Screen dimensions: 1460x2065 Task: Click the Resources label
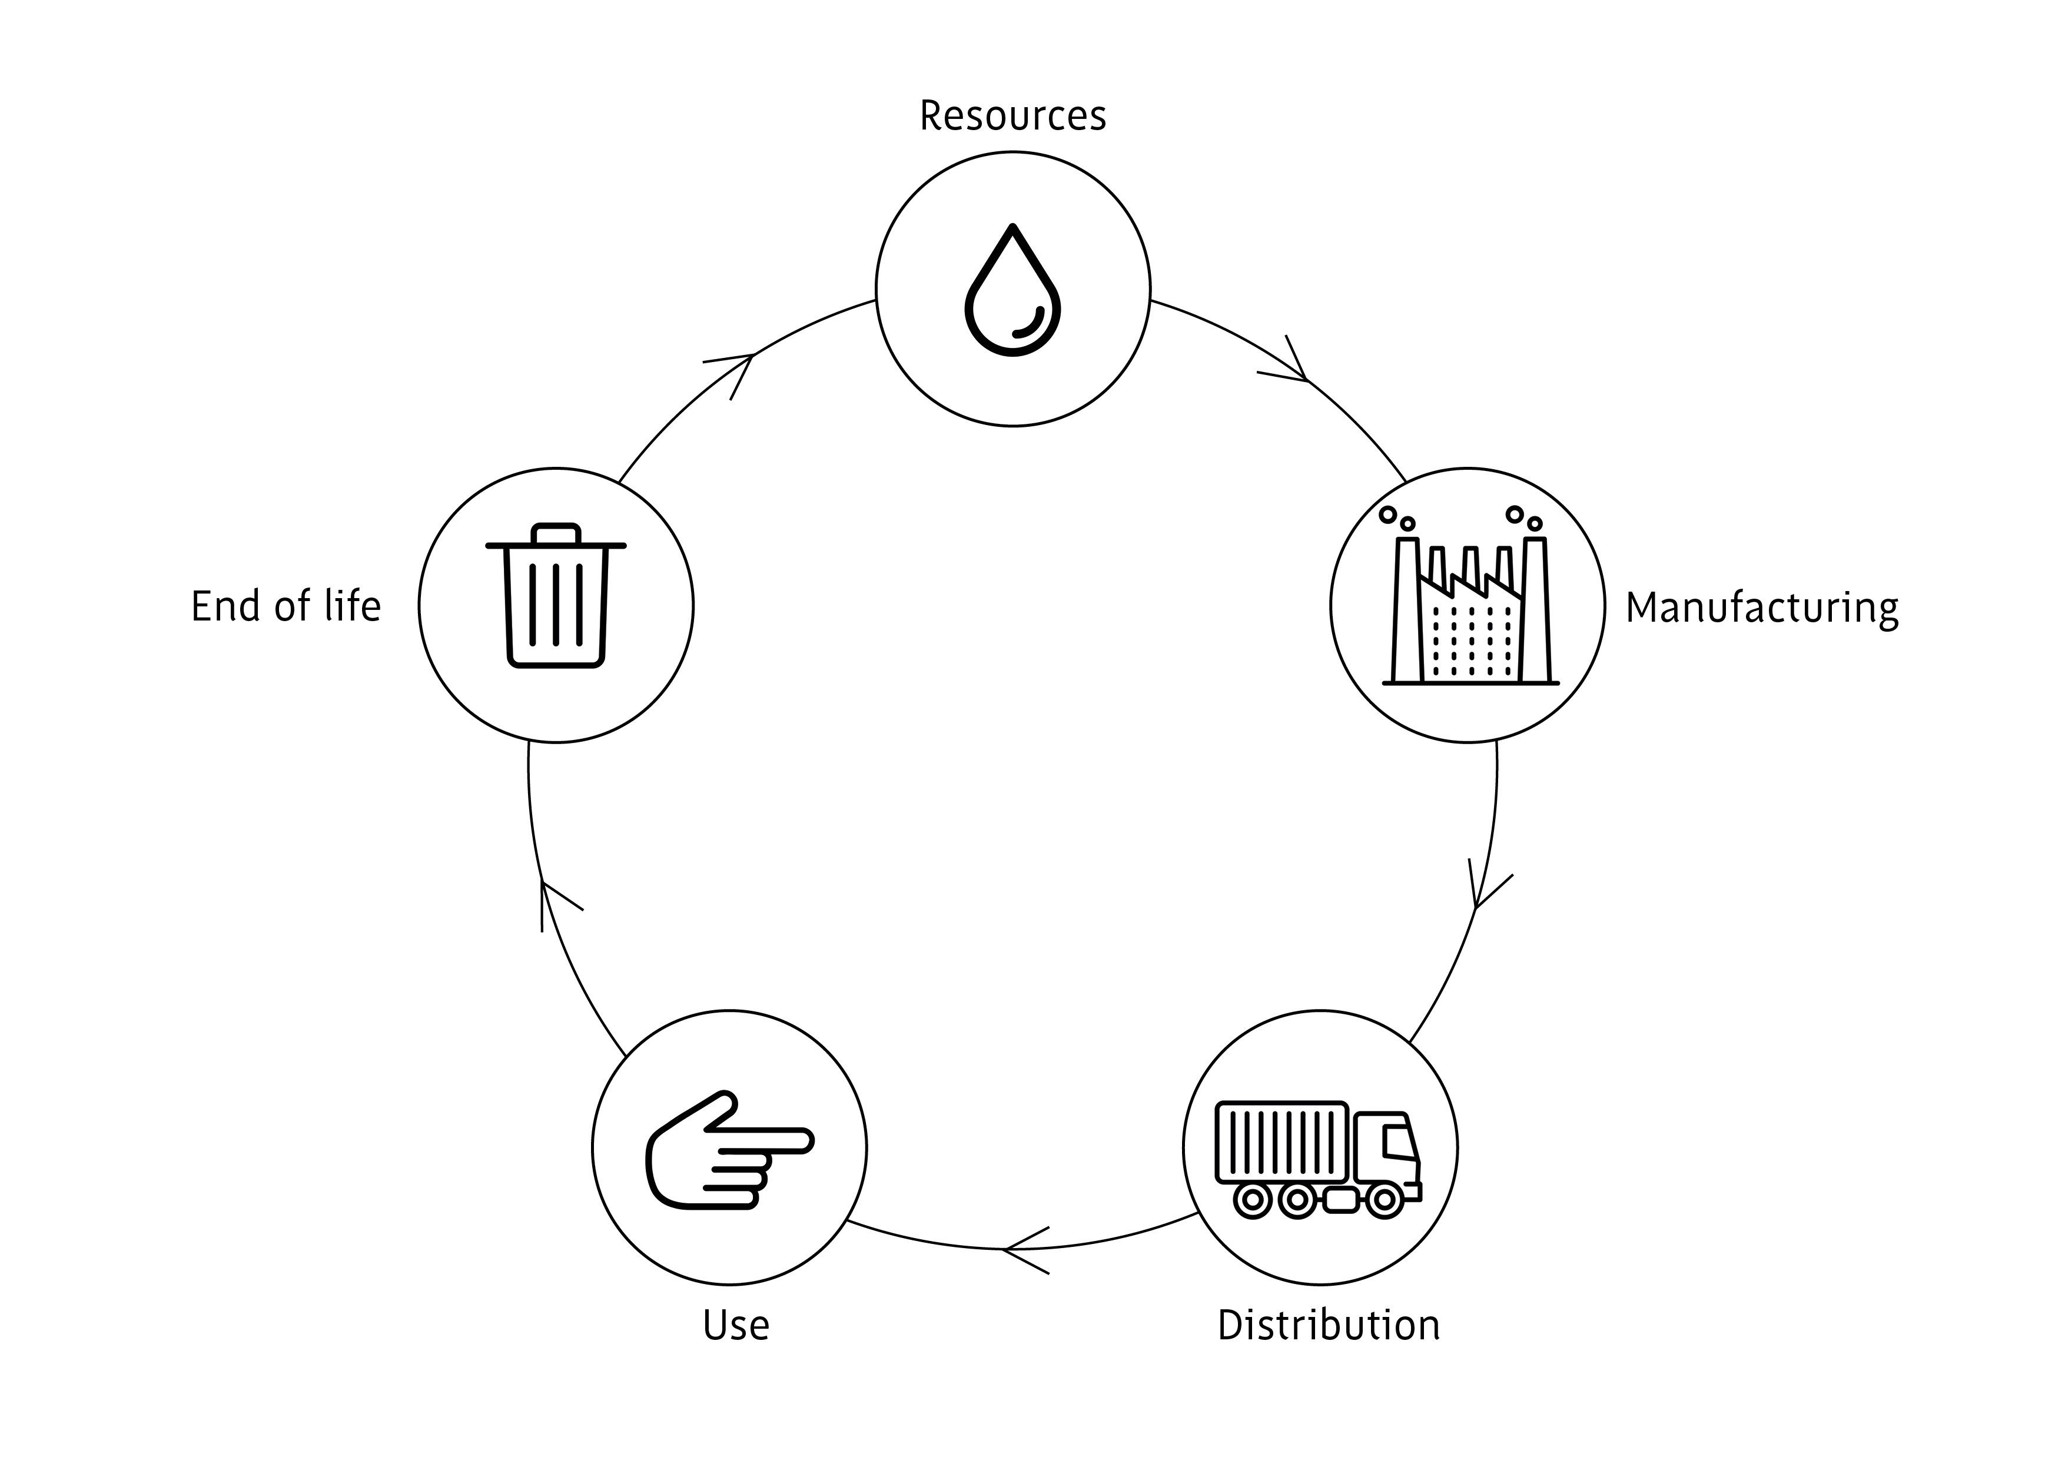pos(1012,116)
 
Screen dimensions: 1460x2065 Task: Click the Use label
pos(736,1326)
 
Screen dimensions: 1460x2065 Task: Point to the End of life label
pos(286,606)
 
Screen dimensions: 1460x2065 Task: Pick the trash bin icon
pos(556,598)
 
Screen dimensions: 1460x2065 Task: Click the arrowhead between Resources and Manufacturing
pos(1295,369)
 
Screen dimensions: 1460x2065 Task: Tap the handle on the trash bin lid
pos(556,533)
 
